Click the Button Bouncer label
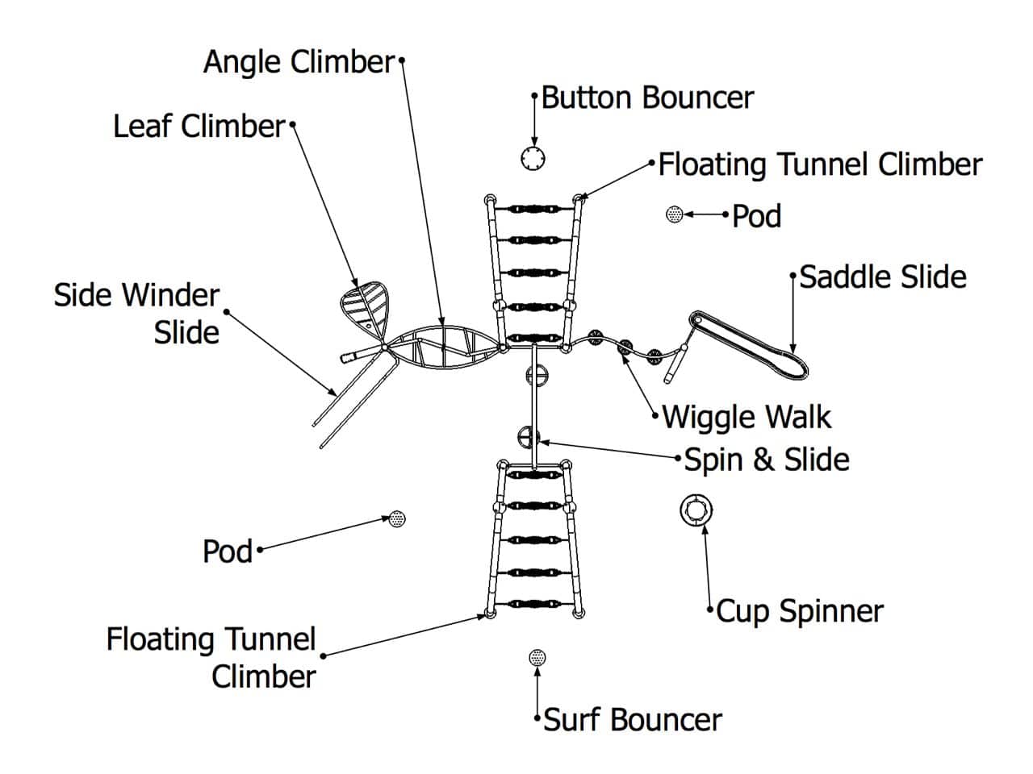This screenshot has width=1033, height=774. coord(647,98)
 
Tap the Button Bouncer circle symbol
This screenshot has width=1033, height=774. coord(533,159)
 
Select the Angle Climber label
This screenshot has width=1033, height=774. coord(298,62)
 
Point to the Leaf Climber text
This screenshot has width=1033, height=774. coord(199,127)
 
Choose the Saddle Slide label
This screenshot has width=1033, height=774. coord(883,277)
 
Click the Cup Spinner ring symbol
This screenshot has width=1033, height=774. coord(696,510)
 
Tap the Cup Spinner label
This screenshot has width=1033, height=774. coord(800,611)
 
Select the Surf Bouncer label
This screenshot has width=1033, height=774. coord(633,720)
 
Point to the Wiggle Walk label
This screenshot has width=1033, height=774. coord(747,418)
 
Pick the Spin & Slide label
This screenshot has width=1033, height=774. coord(767,460)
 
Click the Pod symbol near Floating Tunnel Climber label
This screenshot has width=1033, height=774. coord(675,214)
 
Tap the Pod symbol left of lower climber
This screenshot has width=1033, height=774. coord(397,518)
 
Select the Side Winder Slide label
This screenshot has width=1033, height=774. coord(137,314)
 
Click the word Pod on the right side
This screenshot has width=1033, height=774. coord(757,217)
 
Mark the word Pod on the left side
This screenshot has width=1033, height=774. coord(228,552)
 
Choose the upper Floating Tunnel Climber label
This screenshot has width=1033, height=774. coord(820,164)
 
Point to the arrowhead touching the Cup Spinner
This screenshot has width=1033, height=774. coord(705,528)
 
